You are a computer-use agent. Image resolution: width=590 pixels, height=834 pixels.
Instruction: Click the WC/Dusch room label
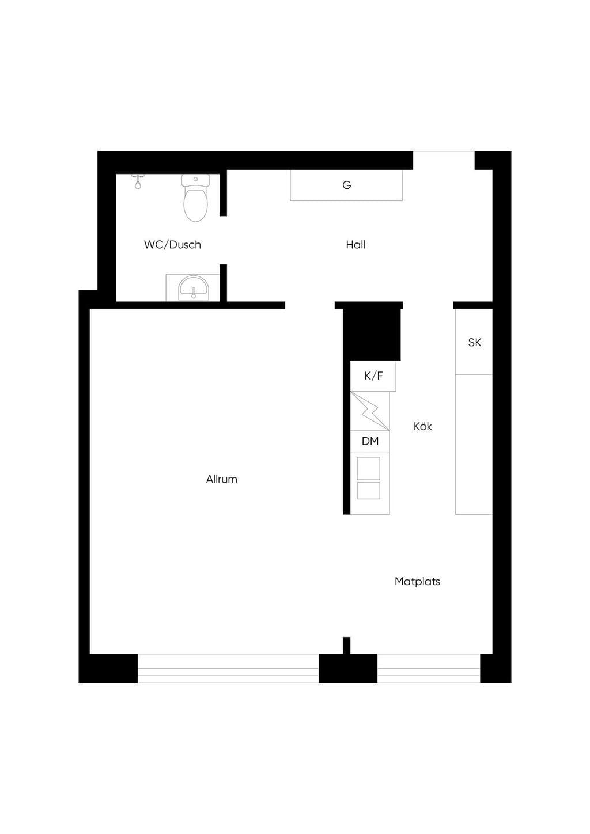[x=172, y=245]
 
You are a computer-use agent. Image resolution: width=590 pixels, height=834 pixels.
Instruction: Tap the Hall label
[x=355, y=245]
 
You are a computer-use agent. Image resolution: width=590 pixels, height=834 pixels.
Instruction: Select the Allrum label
[x=222, y=479]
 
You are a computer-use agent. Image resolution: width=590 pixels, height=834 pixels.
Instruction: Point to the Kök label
[x=422, y=426]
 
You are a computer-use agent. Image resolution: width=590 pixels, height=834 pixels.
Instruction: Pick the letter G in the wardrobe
[x=346, y=185]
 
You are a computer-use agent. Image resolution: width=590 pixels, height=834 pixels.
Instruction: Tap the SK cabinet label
[x=475, y=343]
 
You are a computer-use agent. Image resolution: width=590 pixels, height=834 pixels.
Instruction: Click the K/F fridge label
[x=373, y=376]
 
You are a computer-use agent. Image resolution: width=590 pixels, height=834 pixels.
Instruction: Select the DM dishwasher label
[x=370, y=441]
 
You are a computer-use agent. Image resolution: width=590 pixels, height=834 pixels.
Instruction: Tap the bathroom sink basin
[x=194, y=287]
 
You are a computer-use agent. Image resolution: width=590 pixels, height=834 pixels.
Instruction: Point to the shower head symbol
[x=138, y=182]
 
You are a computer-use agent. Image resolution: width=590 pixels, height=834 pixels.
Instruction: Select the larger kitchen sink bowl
[x=368, y=468]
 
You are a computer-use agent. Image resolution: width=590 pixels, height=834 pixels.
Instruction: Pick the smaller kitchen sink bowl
[x=368, y=491]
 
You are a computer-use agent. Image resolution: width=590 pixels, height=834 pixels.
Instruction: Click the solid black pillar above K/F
[x=372, y=334]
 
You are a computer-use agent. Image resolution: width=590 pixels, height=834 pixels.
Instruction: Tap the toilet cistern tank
[x=195, y=181]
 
